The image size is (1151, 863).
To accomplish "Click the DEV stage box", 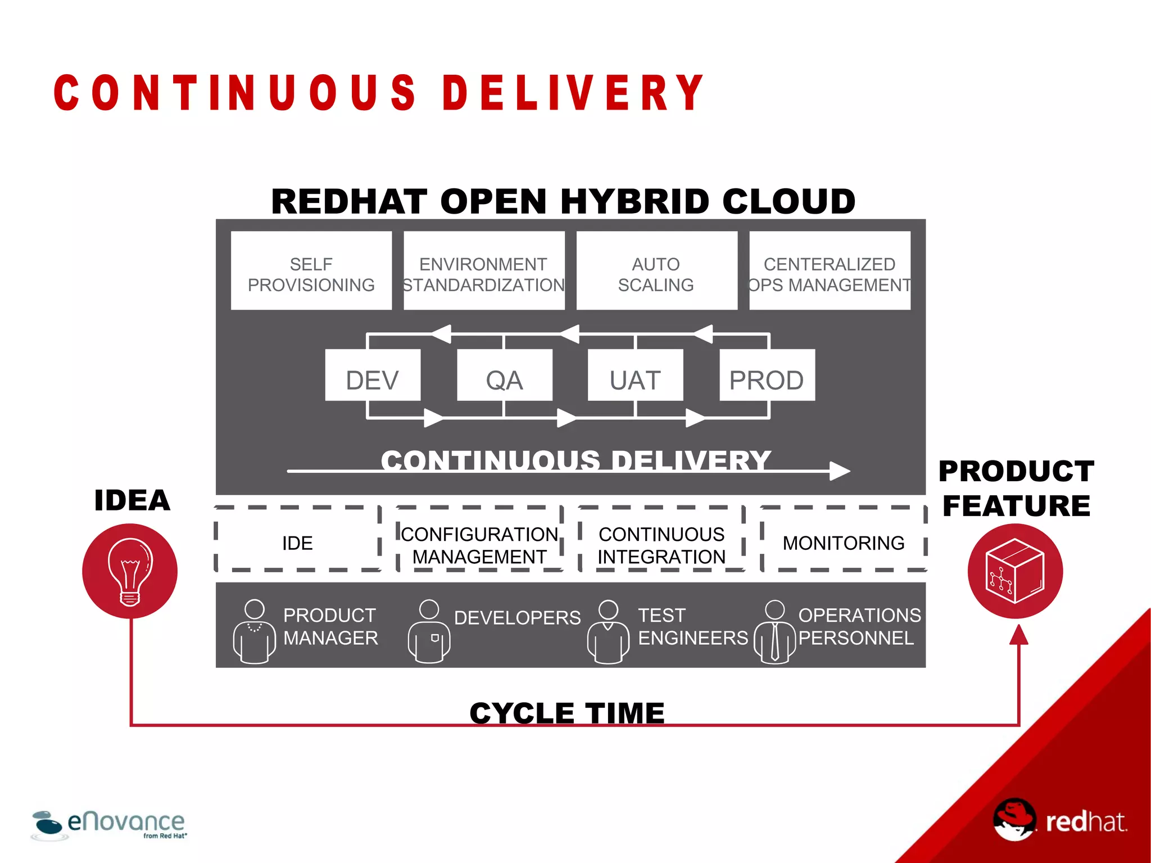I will (x=373, y=376).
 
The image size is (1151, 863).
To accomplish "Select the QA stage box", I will (x=504, y=376).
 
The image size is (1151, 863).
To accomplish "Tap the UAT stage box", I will (x=635, y=376).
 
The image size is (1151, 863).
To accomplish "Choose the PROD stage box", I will (x=767, y=376).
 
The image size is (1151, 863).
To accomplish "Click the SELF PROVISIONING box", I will (x=311, y=271).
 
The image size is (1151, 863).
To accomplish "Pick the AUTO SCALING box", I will (x=656, y=271).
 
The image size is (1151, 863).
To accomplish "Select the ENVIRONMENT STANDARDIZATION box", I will (x=484, y=271).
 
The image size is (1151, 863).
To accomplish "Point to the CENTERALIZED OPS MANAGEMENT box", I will (x=830, y=271).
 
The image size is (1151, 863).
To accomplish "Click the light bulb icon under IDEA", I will (x=130, y=571).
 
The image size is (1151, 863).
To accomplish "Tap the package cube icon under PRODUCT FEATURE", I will (x=1015, y=571).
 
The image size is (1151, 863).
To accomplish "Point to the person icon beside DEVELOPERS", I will (x=429, y=631).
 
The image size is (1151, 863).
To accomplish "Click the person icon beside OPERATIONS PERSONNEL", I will (x=774, y=631).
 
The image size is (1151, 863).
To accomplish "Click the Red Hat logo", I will (x=1059, y=821).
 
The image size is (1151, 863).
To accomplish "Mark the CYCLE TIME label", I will (x=567, y=713).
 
